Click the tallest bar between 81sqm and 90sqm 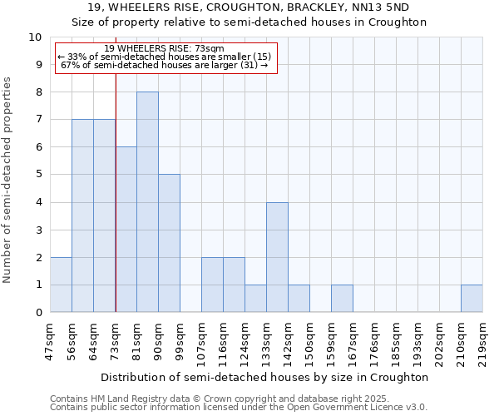[147, 202]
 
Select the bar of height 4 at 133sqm [277, 257]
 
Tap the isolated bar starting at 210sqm [472, 299]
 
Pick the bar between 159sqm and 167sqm [342, 299]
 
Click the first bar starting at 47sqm [61, 285]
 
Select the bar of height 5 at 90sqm [169, 243]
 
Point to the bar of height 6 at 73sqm [126, 230]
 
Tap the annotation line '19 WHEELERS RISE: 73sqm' [165, 48]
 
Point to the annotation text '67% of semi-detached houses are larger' [165, 65]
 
